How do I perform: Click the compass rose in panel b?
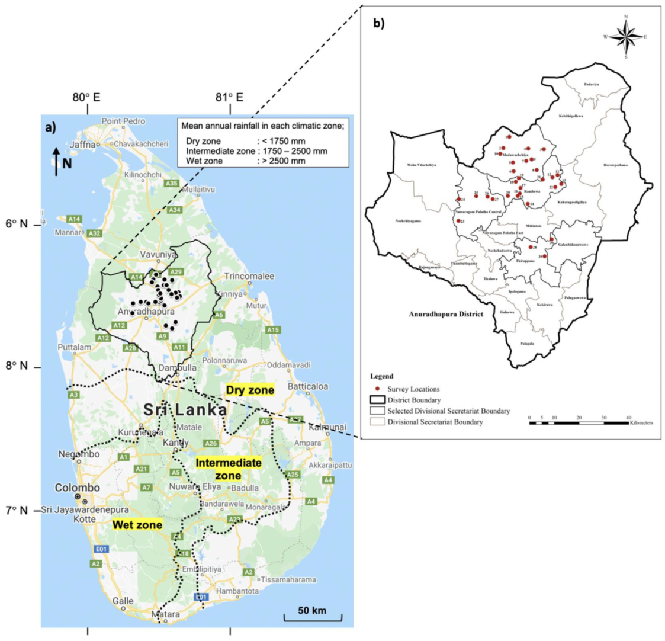pyautogui.click(x=625, y=37)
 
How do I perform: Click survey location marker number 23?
pyautogui.click(x=459, y=221)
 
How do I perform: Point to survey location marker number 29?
pyautogui.click(x=544, y=256)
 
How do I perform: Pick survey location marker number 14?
pyautogui.click(x=528, y=204)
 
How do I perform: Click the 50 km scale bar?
pyautogui.click(x=313, y=616)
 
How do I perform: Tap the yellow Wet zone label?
pyautogui.click(x=137, y=525)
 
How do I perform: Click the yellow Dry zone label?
pyautogui.click(x=250, y=390)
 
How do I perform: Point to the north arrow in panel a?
pyautogui.click(x=56, y=161)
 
